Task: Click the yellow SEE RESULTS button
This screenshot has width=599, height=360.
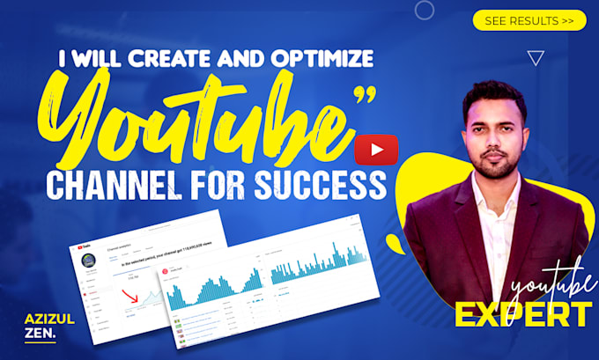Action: (529, 20)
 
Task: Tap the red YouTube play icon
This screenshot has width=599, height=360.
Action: (376, 150)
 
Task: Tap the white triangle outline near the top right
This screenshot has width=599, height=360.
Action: (535, 58)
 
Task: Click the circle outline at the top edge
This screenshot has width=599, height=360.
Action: (425, 10)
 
